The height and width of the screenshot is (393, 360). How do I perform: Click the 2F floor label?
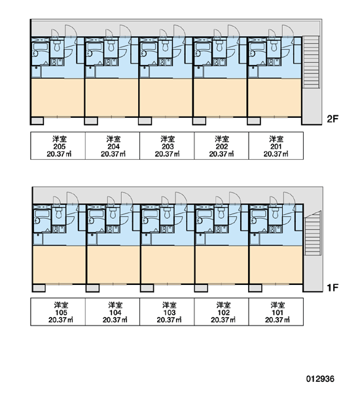pos(333,119)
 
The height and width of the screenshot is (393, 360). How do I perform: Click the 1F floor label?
pos(333,288)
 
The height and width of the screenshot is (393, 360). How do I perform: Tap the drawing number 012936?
pos(320,379)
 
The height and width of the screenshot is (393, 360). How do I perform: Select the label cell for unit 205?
pos(58,146)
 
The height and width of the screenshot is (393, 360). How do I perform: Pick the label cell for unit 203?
pos(167,146)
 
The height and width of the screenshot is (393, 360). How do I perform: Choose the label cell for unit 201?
pos(276,146)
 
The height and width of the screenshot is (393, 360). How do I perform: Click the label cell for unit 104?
pos(113,312)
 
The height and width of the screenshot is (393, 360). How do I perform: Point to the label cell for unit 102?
pos(221,312)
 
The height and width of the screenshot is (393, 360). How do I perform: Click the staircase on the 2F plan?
pos(311,62)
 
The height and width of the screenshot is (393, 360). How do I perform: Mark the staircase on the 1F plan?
pos(312,233)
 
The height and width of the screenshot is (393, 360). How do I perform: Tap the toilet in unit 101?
pos(276,212)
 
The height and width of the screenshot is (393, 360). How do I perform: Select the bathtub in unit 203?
pos(149,47)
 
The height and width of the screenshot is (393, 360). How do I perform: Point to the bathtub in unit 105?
pos(42,214)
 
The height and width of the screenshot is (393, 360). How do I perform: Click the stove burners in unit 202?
pos(218,62)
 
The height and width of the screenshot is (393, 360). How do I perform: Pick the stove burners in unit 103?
pos(165,229)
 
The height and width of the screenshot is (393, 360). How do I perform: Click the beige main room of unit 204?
pos(112,98)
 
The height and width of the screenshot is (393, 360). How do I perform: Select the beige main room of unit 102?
pos(221,265)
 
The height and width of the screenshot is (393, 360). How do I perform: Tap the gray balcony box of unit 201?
pos(254,121)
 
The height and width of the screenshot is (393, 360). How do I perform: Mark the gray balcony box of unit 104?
pos(93,288)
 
